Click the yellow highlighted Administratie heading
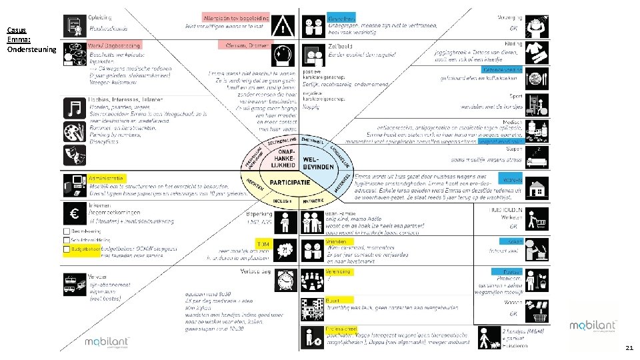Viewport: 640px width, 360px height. point(106,178)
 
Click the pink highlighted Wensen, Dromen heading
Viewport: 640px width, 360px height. point(245,45)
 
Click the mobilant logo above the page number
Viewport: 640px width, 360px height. point(592,326)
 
